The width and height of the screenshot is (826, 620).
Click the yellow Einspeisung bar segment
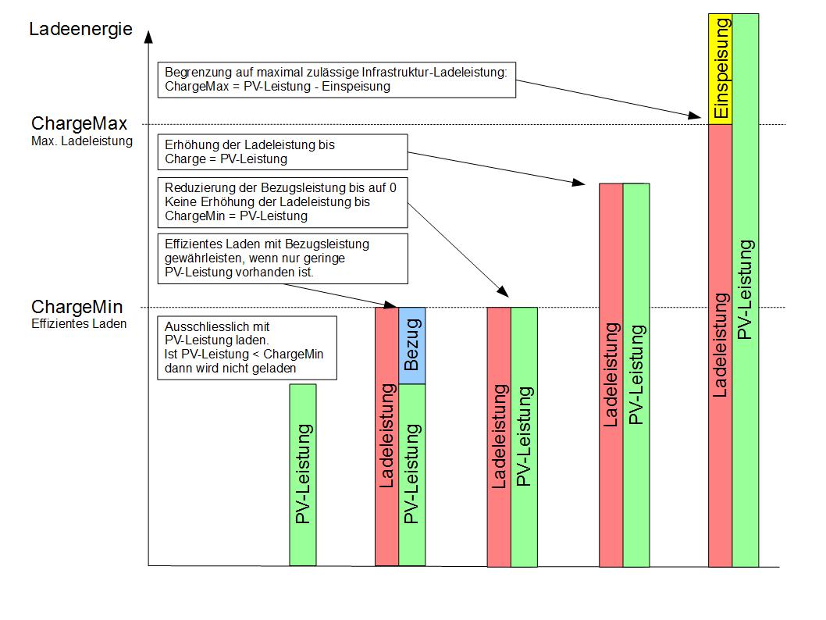720,69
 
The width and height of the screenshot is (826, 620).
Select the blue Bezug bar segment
412,346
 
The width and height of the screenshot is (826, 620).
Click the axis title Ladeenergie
80,29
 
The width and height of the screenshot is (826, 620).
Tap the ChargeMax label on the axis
79,123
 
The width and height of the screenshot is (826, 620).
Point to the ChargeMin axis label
77,307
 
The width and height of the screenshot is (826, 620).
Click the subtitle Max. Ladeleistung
82,141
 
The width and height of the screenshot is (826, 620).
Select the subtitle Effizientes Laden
79,323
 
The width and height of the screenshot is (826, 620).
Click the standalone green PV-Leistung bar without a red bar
303,475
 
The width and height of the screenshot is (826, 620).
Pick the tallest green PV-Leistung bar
746,290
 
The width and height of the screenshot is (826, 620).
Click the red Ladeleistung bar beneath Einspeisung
720,346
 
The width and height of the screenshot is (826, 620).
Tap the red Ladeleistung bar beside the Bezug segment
386,436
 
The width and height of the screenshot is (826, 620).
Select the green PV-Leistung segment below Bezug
412,475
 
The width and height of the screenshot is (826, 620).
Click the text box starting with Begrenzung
336,80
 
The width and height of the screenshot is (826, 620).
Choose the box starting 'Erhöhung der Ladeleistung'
283,152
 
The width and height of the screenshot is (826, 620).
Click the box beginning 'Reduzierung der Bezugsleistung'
283,202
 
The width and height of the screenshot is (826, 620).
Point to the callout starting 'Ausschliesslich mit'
247,347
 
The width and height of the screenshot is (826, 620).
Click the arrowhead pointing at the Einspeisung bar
696,116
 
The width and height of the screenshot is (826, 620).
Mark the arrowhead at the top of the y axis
148,36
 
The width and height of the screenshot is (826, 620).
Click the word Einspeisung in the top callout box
356,87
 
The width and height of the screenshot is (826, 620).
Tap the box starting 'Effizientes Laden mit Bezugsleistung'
283,258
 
